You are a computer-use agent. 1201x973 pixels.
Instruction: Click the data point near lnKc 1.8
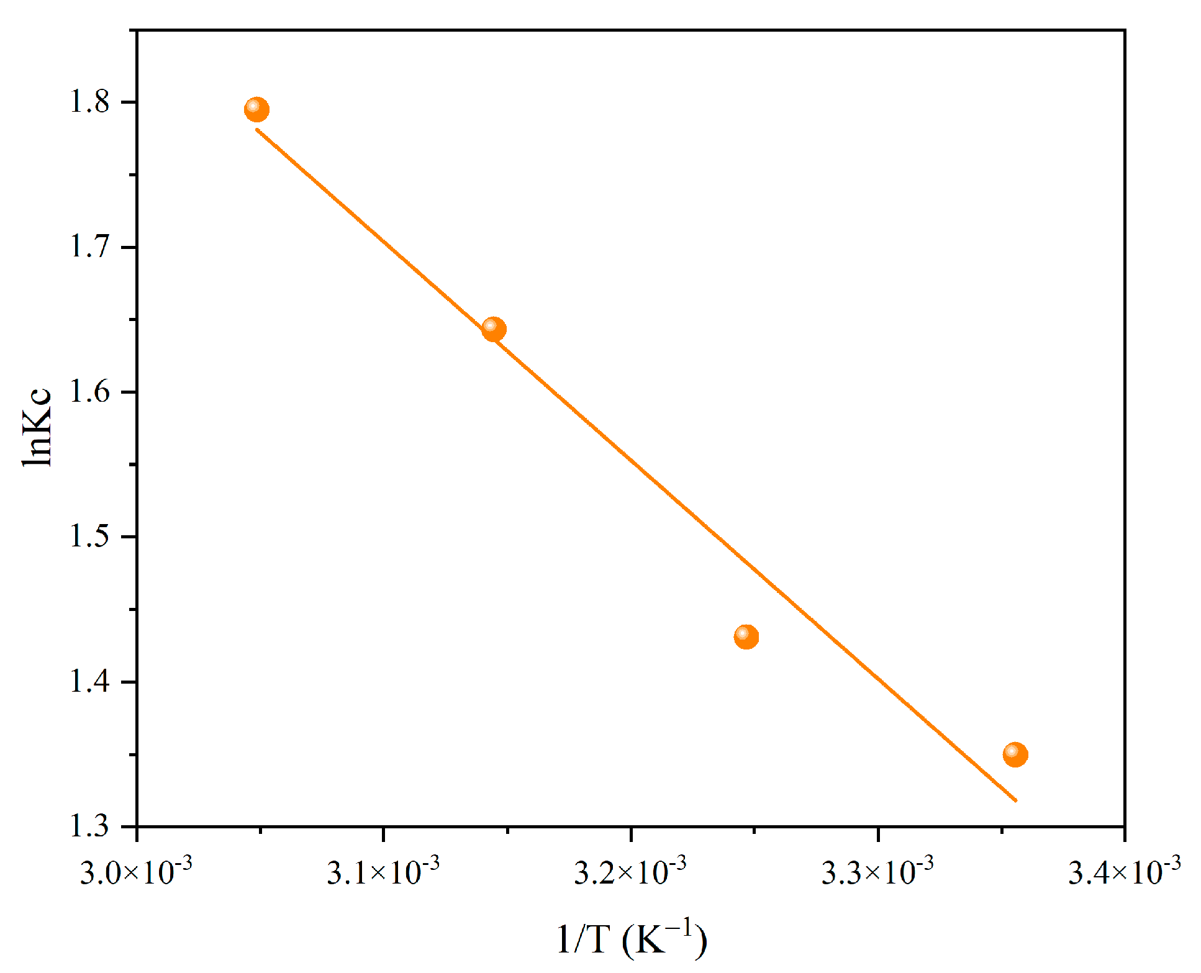256,110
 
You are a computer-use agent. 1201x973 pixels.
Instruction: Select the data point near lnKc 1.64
494,328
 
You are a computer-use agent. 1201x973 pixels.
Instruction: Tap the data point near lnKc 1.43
746,636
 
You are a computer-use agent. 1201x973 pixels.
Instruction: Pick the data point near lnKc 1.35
1015,754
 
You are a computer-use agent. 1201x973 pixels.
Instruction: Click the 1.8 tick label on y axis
89,102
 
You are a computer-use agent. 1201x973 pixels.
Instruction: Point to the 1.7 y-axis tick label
89,247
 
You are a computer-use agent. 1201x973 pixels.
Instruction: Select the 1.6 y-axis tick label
89,392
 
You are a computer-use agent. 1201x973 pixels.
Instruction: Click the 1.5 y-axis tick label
89,536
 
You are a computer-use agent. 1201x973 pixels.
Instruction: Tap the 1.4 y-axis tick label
89,681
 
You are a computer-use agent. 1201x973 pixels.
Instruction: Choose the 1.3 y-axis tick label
89,826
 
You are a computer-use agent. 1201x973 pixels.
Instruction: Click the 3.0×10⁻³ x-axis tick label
136,871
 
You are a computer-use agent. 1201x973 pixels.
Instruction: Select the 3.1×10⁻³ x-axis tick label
383,871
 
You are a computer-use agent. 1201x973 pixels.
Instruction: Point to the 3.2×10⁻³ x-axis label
630,871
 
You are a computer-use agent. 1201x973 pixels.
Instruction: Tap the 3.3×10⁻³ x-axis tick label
877,871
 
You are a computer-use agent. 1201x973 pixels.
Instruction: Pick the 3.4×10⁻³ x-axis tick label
1125,871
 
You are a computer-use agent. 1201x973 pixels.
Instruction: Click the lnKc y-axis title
37,427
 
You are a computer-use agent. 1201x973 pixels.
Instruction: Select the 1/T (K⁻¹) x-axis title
631,939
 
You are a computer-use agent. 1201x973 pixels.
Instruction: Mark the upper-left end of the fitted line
257,130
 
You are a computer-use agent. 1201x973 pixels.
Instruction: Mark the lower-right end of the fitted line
1016,800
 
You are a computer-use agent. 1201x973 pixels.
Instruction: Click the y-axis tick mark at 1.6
129,392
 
